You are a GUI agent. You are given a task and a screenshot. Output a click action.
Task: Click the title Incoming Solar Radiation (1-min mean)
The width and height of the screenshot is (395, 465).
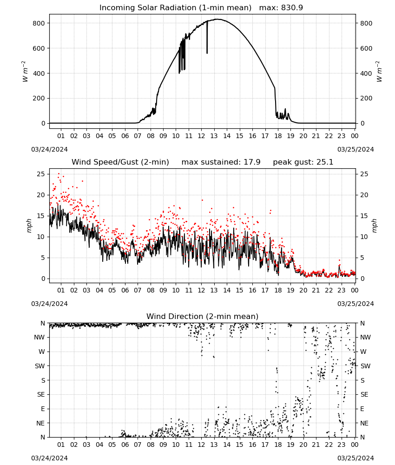(175, 8)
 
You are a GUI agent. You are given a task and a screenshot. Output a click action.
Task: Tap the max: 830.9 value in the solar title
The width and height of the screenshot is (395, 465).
(281, 8)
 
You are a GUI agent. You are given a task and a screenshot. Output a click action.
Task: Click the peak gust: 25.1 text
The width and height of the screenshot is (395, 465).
(303, 162)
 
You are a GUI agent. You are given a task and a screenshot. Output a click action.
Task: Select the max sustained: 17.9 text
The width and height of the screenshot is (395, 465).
(221, 162)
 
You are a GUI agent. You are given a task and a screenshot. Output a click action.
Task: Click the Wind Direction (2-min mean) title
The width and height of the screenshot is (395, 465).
(203, 316)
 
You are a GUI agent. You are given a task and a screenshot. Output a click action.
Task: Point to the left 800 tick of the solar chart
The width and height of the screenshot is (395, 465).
(39, 23)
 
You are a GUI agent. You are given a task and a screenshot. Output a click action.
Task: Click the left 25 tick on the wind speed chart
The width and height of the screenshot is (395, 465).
(41, 174)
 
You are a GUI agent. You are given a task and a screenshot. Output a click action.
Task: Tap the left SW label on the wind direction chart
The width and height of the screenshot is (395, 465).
(39, 366)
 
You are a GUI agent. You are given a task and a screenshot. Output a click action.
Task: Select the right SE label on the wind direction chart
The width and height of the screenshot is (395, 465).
(364, 394)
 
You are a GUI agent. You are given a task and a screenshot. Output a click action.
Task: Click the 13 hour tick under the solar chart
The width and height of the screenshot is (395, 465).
(214, 136)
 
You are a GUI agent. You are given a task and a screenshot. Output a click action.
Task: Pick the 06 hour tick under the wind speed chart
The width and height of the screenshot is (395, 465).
(125, 290)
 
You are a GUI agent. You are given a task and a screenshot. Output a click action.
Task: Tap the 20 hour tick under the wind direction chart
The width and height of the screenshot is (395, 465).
(303, 445)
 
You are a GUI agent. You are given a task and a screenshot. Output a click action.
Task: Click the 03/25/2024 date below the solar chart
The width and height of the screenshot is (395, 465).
(355, 149)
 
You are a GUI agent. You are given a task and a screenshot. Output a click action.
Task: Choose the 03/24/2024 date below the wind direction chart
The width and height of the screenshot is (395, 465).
(49, 458)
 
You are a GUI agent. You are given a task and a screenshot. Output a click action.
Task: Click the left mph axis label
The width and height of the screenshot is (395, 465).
(29, 226)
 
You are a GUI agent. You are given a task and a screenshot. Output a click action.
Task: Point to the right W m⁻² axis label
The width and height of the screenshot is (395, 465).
(379, 72)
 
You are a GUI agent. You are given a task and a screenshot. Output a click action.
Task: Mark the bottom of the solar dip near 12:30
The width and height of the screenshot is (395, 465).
(207, 53)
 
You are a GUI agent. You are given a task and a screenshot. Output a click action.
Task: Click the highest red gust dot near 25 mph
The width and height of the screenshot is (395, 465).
(59, 174)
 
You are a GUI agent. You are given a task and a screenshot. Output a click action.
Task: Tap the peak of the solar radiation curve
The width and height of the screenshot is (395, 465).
(217, 19)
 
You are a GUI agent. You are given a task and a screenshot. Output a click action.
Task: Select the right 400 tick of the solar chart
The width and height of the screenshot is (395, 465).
(366, 73)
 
